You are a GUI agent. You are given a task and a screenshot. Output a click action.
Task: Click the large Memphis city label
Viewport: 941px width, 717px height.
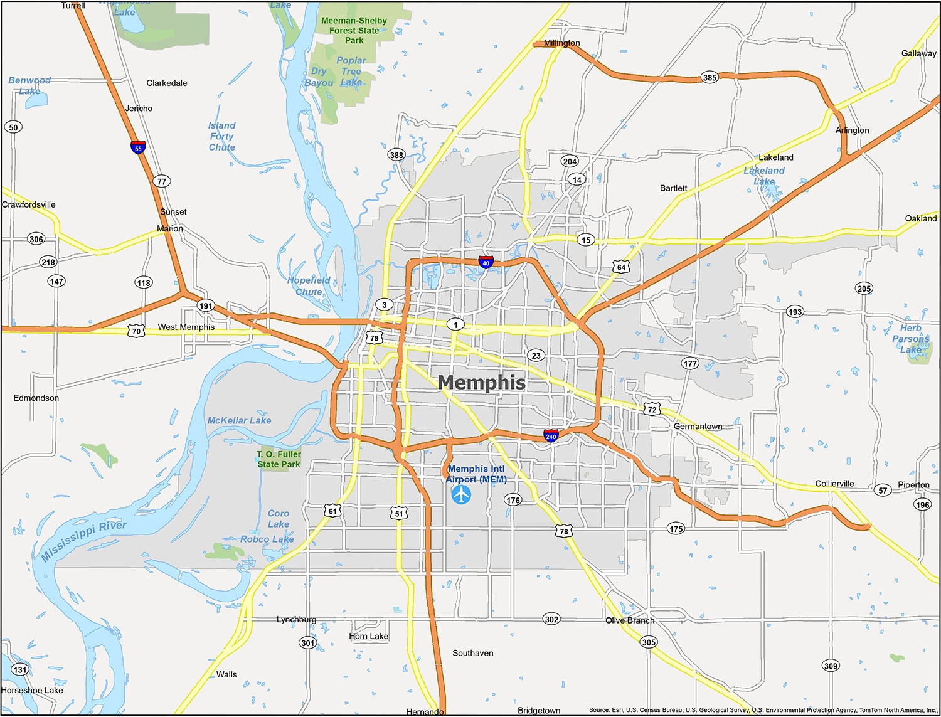coord(481,382)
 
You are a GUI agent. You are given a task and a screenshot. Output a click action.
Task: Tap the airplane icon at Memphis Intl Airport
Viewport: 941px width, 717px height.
coord(461,494)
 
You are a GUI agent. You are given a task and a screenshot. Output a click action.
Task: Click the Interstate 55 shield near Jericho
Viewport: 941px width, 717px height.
coord(138,148)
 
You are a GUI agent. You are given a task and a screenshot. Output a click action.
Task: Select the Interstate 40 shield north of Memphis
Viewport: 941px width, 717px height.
coord(486,262)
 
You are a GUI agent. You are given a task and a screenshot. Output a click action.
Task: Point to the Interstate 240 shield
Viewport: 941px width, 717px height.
coord(551,436)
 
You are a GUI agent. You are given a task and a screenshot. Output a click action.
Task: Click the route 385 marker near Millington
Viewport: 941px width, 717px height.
coord(710,78)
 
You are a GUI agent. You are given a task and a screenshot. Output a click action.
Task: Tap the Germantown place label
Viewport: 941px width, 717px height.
coord(698,427)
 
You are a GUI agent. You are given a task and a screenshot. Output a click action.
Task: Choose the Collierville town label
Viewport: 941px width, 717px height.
coord(834,484)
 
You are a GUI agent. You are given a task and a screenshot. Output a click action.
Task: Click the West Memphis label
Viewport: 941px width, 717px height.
coord(186,327)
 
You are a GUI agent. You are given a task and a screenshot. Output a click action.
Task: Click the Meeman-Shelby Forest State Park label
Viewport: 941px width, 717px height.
coord(354,30)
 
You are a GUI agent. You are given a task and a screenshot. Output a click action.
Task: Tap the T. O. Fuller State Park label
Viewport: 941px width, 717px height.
coord(279,459)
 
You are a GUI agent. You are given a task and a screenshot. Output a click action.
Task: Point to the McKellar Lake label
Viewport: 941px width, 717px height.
coord(239,420)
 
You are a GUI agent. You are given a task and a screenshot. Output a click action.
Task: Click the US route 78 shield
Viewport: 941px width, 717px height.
coord(564,531)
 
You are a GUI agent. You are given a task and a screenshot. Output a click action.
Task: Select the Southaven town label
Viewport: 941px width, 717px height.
coord(472,653)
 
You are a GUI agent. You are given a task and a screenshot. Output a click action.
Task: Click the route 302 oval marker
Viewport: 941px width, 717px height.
coord(551,619)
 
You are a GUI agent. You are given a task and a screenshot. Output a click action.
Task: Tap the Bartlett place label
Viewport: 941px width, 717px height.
coord(673,188)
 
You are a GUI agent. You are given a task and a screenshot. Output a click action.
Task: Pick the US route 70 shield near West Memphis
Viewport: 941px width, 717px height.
coord(136,331)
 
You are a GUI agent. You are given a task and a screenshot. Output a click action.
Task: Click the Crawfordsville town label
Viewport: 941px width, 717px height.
coord(29,204)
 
